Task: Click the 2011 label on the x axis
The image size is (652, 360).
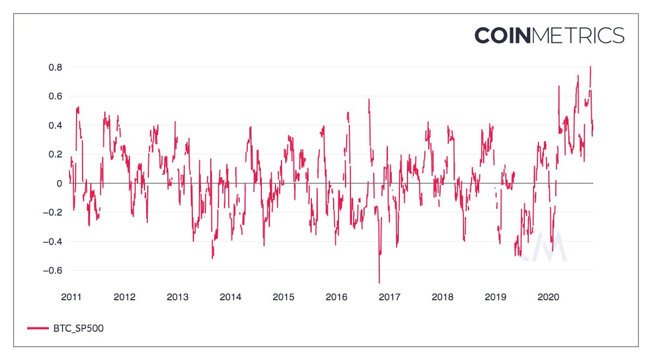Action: coord(71,297)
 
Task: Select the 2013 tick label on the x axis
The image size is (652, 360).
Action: coord(177,297)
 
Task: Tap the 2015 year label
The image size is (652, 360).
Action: coord(283,297)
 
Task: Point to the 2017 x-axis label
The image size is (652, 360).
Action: coord(389,297)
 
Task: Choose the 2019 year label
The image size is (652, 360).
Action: coord(495,297)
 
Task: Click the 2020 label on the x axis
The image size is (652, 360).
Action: coord(548,297)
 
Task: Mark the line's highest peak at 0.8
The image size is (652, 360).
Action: coord(590,67)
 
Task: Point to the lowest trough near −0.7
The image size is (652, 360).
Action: coord(379,282)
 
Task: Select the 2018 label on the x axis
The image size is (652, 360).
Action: coord(442,297)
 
